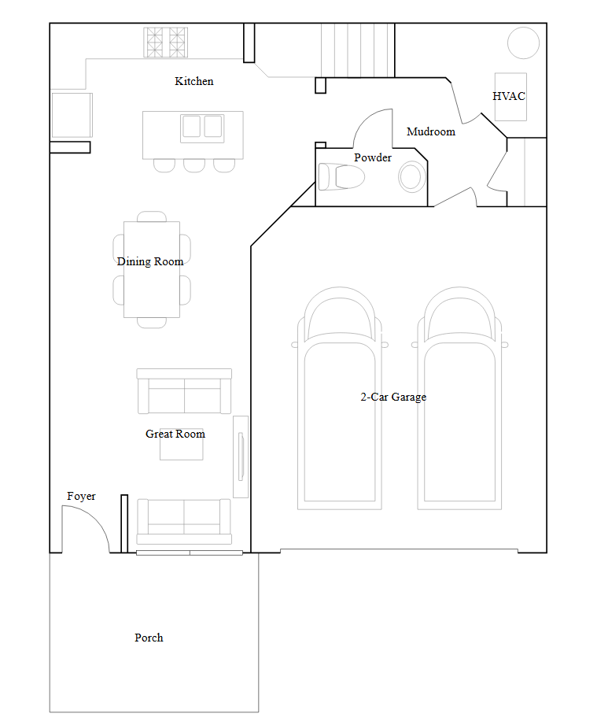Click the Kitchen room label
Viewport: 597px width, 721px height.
point(194,81)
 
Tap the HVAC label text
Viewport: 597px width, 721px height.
point(509,96)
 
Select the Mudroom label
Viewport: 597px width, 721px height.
point(431,131)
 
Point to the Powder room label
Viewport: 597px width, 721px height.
point(373,157)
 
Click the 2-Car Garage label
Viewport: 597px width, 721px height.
point(393,397)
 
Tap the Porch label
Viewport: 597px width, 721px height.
point(149,638)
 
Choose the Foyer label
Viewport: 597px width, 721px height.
point(81,496)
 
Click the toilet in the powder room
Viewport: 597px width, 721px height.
point(341,176)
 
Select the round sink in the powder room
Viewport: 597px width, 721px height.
point(412,177)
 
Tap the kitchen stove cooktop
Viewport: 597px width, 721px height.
point(165,43)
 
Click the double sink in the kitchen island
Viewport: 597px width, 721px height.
point(202,127)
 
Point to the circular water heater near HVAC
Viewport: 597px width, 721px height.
point(524,43)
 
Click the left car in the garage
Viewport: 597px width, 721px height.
point(340,398)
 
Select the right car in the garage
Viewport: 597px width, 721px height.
point(459,398)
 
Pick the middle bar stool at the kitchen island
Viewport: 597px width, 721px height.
point(194,165)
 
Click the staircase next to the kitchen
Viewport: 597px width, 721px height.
point(358,50)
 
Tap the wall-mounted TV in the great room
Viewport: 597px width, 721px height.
point(241,457)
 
